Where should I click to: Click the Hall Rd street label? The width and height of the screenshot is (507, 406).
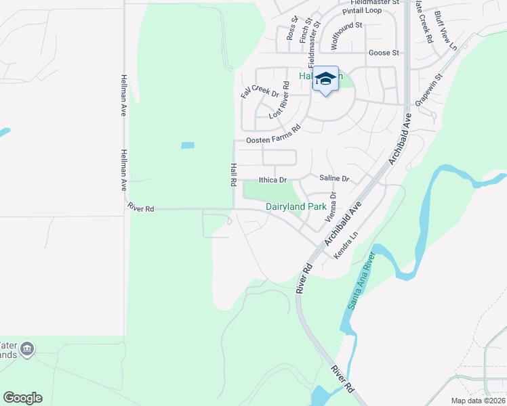tap(232, 175)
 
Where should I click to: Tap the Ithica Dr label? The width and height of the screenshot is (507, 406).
tap(273, 181)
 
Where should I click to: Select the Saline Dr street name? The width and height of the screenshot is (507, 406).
tap(333, 179)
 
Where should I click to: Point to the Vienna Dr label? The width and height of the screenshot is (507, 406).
tap(331, 208)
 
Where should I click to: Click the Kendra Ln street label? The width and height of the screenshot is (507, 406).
tap(346, 246)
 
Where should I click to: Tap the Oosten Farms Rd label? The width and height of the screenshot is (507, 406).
tap(272, 134)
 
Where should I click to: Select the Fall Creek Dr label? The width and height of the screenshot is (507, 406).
tap(260, 86)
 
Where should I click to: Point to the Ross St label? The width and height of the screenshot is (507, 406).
tap(293, 28)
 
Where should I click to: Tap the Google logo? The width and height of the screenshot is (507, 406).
tap(22, 398)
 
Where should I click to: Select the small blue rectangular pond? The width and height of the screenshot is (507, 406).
tap(188, 145)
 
